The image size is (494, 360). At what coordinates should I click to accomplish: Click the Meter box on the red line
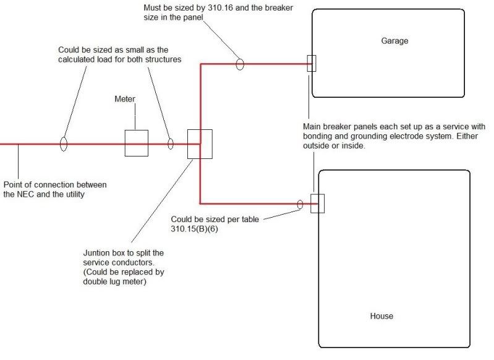click(x=136, y=144)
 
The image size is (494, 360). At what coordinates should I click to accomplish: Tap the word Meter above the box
click(x=126, y=99)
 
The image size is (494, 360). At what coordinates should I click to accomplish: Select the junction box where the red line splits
click(x=200, y=144)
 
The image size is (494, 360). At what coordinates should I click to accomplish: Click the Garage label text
click(x=394, y=41)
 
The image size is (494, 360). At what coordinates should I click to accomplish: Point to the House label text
click(x=381, y=316)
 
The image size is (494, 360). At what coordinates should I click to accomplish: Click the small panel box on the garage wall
click(x=312, y=63)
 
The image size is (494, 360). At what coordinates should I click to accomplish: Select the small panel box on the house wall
click(x=317, y=203)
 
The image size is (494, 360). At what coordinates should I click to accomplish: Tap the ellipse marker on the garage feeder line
click(x=240, y=63)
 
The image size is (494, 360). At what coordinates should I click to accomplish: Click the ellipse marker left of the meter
click(x=63, y=144)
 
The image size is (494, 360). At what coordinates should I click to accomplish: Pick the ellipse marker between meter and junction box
click(x=171, y=144)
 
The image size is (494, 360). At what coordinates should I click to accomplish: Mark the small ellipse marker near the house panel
click(x=300, y=204)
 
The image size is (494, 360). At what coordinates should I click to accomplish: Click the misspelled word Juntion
click(x=96, y=253)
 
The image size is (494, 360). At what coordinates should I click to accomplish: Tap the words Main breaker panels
click(x=341, y=126)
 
